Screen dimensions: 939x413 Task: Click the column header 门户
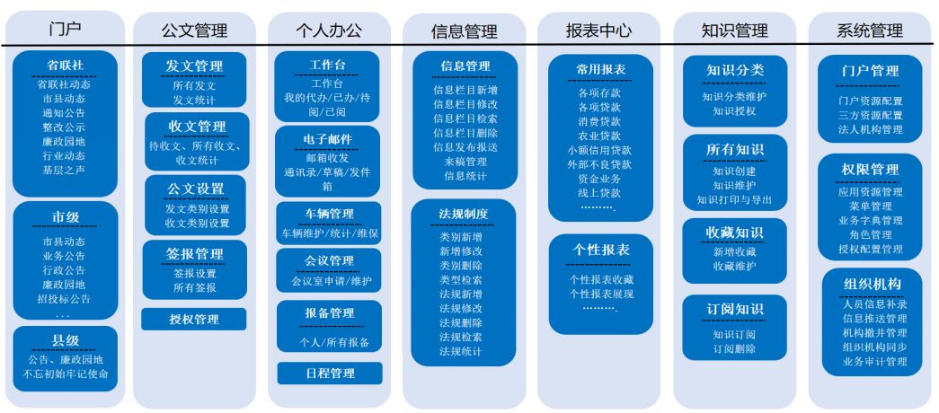66,28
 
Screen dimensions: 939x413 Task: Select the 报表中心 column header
598,30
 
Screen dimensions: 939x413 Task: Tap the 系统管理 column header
870,30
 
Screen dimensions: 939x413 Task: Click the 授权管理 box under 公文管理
194,319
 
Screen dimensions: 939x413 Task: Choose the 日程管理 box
330,373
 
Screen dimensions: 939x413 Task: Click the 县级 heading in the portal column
66,340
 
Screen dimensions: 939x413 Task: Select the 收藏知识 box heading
735,232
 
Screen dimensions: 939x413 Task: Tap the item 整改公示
64,127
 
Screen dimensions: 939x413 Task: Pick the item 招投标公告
64,299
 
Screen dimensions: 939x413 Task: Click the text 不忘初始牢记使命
66,374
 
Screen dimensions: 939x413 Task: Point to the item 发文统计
194,100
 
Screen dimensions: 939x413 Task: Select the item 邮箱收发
328,158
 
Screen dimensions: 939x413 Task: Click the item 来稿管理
465,162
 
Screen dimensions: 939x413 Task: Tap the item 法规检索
461,337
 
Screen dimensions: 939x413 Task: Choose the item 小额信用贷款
599,150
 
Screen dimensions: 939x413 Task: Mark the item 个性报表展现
601,294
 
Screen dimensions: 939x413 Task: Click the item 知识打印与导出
735,200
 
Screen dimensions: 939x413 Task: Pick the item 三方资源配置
870,115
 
